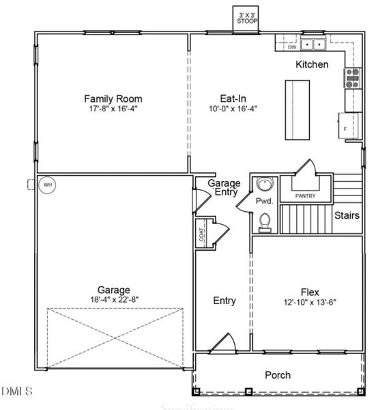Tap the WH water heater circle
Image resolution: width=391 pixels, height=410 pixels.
[47, 184]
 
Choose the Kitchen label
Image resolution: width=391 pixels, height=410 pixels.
[311, 65]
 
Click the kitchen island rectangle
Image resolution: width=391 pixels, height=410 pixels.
[296, 109]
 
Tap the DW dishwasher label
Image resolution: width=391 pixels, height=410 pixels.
[291, 47]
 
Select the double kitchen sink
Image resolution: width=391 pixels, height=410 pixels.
[314, 45]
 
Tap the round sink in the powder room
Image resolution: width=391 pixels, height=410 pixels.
[264, 184]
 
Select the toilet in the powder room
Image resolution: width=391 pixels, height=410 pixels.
[265, 222]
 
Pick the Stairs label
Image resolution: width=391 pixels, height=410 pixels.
[347, 216]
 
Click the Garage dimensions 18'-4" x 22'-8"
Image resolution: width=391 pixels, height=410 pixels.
[113, 300]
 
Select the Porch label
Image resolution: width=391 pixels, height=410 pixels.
[277, 375]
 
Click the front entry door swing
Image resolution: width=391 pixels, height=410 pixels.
[220, 343]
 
